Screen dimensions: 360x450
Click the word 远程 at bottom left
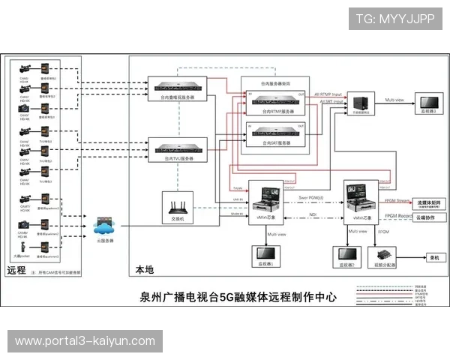click(x=16, y=270)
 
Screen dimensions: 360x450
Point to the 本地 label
click(x=144, y=270)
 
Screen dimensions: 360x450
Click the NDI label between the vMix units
click(x=313, y=214)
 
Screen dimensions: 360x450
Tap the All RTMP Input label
click(x=328, y=94)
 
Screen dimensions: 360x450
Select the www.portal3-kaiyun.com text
click(x=85, y=341)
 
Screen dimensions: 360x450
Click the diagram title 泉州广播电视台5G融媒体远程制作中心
click(x=238, y=296)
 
